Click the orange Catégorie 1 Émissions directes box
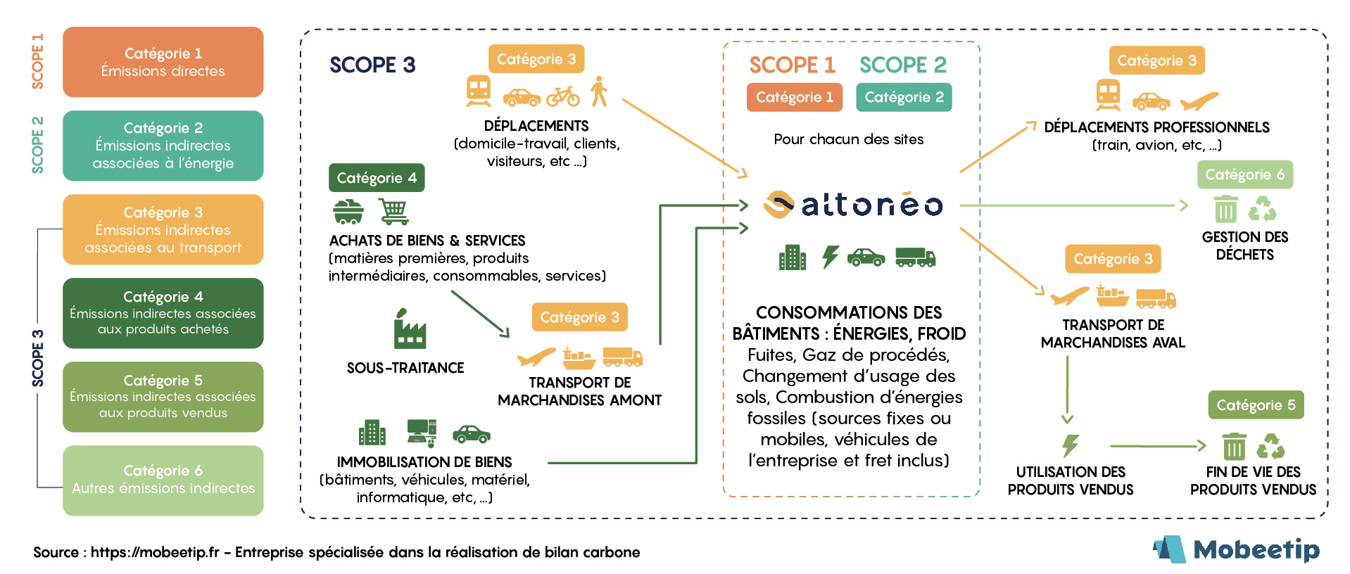(163, 62)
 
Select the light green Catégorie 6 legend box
(163, 480)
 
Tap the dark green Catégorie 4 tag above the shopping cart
(377, 178)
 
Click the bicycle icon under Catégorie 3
(563, 96)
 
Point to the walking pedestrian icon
(599, 91)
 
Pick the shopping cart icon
(393, 211)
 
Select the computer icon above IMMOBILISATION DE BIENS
(422, 432)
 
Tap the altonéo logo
(853, 205)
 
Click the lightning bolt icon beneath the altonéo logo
(831, 257)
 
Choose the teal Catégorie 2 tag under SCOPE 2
(904, 97)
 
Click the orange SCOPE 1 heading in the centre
(792, 65)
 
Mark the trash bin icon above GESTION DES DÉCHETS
(1225, 209)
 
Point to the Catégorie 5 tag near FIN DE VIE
(1256, 405)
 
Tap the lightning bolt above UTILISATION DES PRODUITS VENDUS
(1071, 445)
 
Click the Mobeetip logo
(1237, 549)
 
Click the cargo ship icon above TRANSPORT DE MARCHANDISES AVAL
(1112, 295)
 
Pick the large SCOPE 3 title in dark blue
(372, 65)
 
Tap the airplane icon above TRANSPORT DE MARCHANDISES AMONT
(536, 357)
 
